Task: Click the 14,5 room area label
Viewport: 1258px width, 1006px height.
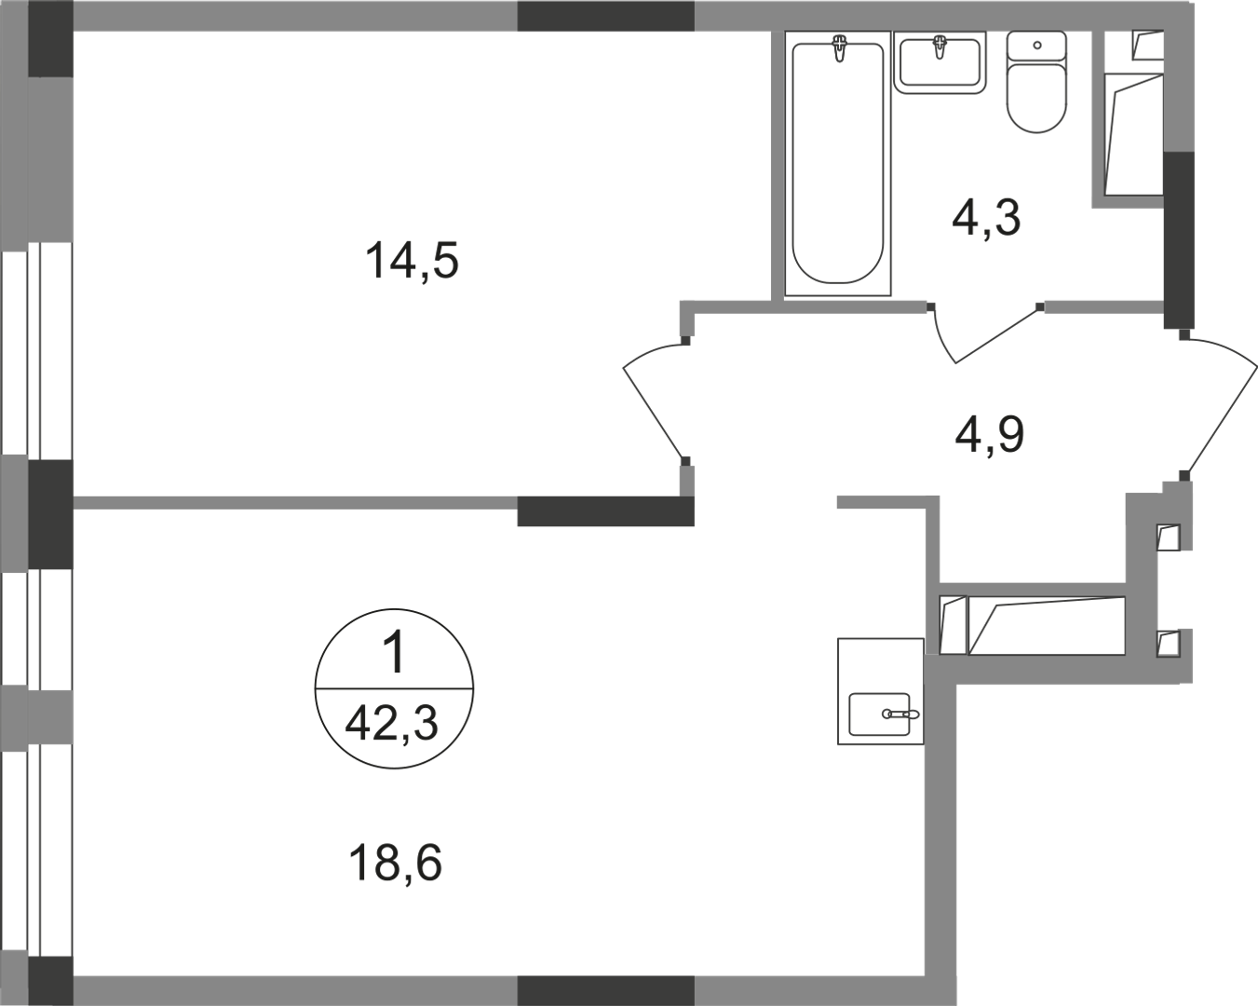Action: tap(413, 262)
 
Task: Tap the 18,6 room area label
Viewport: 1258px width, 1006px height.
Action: tap(395, 863)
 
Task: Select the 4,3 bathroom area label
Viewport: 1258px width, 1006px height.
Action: tap(986, 218)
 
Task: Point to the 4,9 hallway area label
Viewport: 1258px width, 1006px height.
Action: tap(990, 434)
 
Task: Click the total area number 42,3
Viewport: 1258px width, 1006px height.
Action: tap(392, 724)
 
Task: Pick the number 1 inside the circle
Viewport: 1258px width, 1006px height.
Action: tap(395, 654)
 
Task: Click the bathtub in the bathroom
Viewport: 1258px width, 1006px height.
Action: tap(838, 168)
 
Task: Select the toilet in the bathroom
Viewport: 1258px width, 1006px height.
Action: tap(1036, 93)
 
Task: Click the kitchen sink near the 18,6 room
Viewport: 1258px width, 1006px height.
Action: tap(885, 715)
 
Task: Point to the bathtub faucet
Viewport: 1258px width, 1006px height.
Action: tap(841, 47)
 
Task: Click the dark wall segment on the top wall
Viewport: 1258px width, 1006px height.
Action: tap(605, 16)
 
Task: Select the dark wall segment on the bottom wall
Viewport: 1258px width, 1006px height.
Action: tap(605, 990)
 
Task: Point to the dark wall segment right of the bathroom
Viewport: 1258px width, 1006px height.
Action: tap(1178, 238)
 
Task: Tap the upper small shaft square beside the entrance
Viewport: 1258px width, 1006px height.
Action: tap(1168, 537)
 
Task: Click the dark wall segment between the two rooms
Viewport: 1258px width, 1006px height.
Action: tap(605, 511)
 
